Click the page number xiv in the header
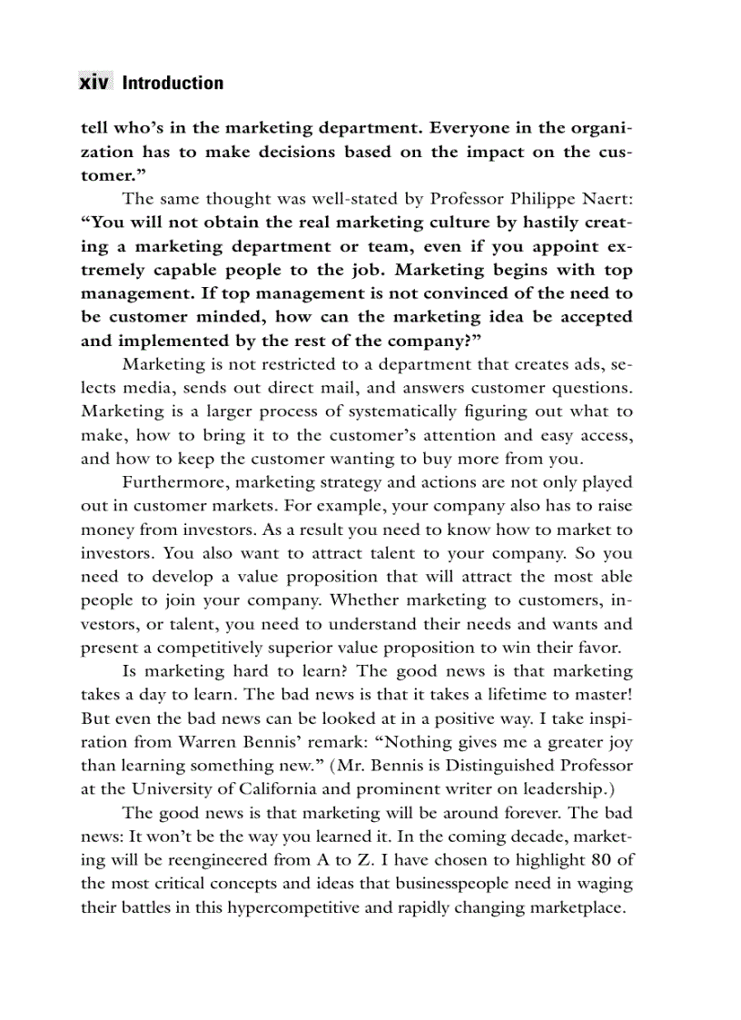click(94, 83)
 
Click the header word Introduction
click(173, 83)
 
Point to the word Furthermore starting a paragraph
click(166, 482)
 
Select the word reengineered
click(203, 859)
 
